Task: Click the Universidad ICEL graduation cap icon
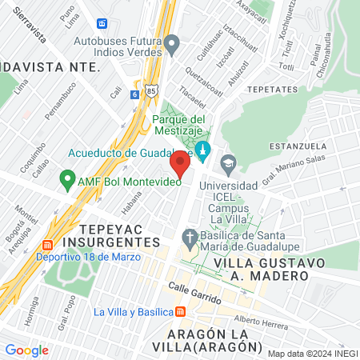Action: pos(229,163)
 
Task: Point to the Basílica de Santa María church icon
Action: pos(190,238)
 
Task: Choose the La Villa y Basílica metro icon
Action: pos(182,311)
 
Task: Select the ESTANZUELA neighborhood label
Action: pos(298,146)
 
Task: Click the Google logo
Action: pos(26,350)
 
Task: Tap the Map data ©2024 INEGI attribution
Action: pos(311,353)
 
